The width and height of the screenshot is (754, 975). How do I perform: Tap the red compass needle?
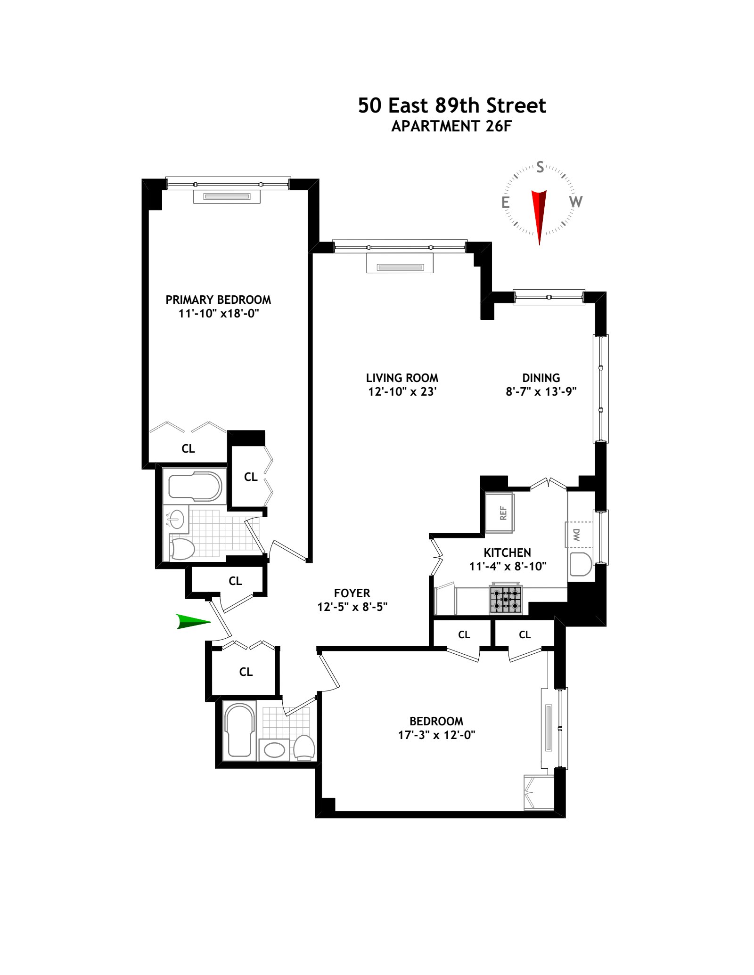coord(539,214)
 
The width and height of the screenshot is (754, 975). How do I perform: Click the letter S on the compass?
coord(540,167)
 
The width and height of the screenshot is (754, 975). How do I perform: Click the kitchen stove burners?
coord(506,600)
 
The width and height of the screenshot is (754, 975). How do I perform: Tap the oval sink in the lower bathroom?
coord(274,749)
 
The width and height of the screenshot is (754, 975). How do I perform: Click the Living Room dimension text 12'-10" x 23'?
coord(402,391)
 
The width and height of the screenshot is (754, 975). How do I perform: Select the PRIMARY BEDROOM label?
coord(218,300)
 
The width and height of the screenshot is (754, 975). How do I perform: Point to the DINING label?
coord(541,378)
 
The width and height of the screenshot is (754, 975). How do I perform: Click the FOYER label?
coord(352,593)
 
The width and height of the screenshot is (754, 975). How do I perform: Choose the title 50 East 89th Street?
coord(452,106)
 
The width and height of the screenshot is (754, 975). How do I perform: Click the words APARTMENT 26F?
coord(451,127)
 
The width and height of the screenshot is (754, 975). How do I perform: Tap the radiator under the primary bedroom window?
coord(227,197)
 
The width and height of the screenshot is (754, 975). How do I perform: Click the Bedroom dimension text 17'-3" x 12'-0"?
coord(436,735)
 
